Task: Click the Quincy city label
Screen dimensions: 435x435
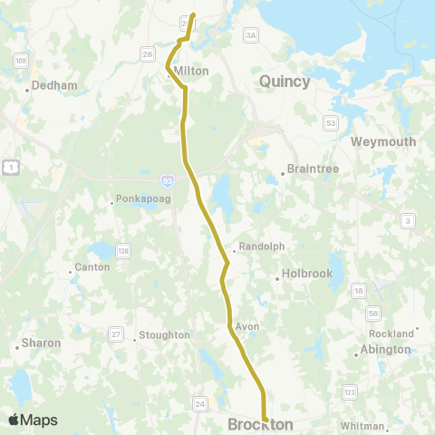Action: point(285,82)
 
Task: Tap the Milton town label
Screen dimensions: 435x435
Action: point(191,71)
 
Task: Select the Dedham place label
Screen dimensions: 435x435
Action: point(54,86)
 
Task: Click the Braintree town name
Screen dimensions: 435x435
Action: point(311,168)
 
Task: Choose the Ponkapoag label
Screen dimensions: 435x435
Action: point(138,201)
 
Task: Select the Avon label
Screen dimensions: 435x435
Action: point(246,325)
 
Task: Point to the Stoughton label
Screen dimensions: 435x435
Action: point(164,335)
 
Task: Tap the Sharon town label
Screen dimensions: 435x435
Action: point(42,343)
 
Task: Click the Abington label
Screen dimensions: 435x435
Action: point(385,350)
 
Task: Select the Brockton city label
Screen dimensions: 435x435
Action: point(260,424)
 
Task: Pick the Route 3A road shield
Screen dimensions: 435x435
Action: point(251,34)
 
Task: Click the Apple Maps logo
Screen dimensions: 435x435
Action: point(33,420)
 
